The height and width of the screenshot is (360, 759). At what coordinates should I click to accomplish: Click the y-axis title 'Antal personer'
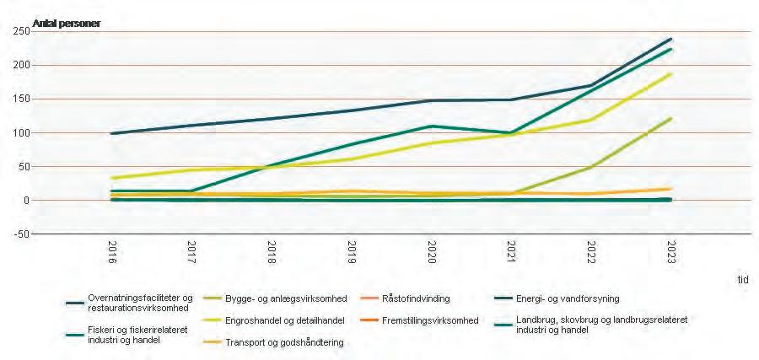pyautogui.click(x=66, y=23)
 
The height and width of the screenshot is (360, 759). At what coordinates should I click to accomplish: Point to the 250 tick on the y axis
pyautogui.click(x=18, y=31)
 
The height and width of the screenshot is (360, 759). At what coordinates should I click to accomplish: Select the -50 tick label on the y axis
pyautogui.click(x=18, y=234)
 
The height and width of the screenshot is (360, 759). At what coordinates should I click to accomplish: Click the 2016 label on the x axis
pyautogui.click(x=112, y=254)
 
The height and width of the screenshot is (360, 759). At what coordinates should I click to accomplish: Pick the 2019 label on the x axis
pyautogui.click(x=352, y=254)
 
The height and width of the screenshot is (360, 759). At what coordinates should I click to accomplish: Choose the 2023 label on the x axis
pyautogui.click(x=670, y=254)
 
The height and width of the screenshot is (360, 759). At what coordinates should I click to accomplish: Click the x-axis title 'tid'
pyautogui.click(x=741, y=279)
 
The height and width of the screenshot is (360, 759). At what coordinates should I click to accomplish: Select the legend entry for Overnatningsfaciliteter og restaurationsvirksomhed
pyautogui.click(x=134, y=303)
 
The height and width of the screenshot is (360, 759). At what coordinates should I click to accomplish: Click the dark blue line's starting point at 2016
pyautogui.click(x=112, y=133)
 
